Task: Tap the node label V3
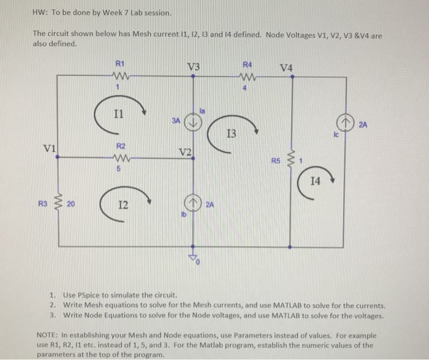194,66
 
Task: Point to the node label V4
286,67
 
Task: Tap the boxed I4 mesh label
315,181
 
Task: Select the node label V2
185,151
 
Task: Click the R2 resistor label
121,146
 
